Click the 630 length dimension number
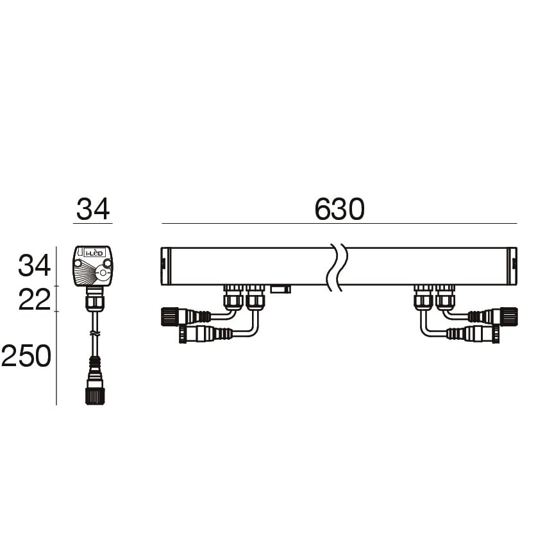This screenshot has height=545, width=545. [x=339, y=209]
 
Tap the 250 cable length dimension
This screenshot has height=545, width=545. [x=26, y=356]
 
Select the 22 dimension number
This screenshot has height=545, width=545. [x=35, y=300]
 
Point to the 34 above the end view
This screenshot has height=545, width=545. [x=93, y=209]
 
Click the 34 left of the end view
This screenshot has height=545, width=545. [x=35, y=265]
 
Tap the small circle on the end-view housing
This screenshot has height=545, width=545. [x=103, y=272]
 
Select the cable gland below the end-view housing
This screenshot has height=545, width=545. [x=94, y=299]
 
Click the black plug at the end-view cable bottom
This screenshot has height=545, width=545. [x=96, y=396]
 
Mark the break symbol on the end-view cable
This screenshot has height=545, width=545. [x=95, y=333]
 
